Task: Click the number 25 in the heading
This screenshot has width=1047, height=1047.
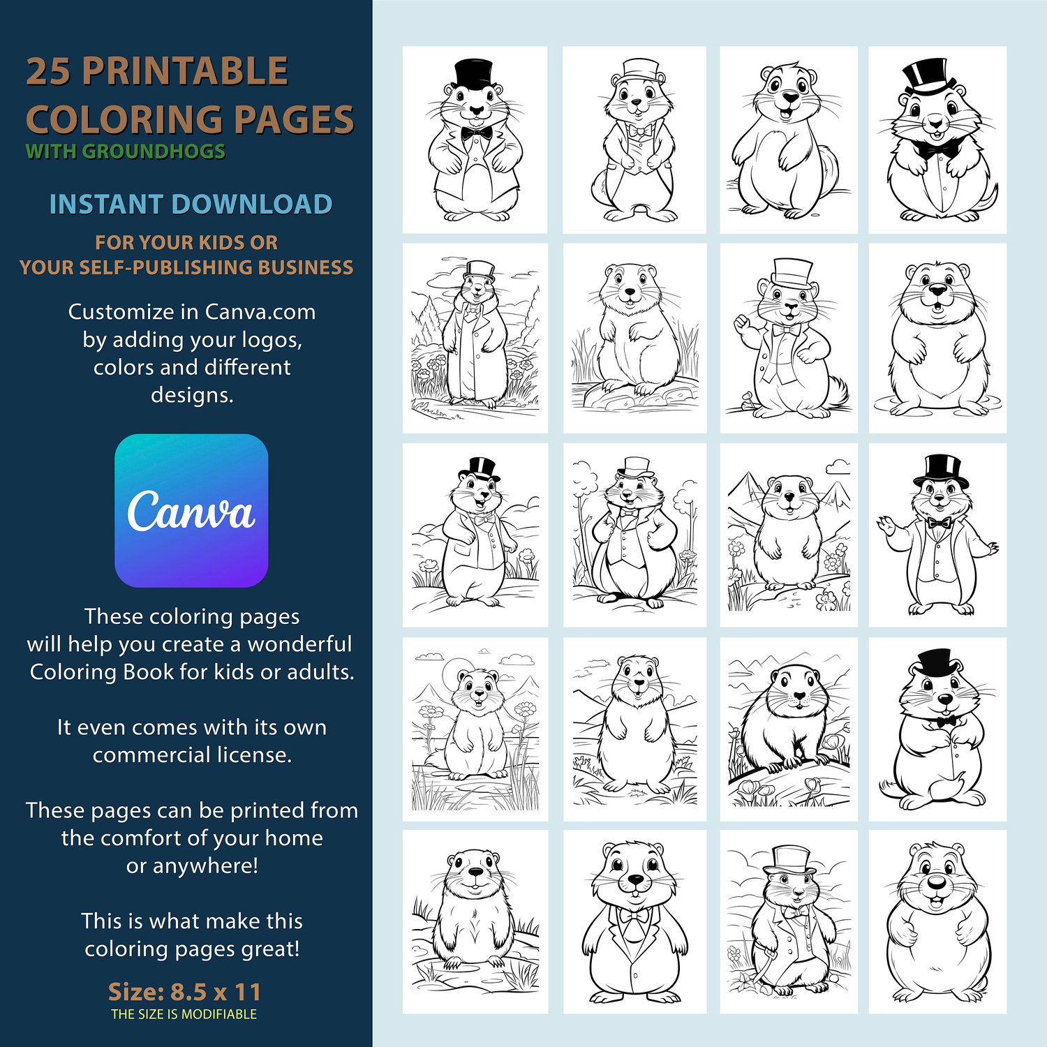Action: click(x=49, y=72)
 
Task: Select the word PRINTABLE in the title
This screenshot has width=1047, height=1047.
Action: click(x=185, y=72)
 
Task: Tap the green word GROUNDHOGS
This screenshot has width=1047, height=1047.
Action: click(x=154, y=151)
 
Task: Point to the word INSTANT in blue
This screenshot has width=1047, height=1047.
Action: click(x=107, y=205)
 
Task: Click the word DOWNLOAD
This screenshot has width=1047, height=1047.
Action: click(x=252, y=205)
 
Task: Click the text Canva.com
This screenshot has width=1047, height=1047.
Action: click(x=260, y=312)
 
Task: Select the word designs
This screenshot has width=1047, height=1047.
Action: click(x=192, y=396)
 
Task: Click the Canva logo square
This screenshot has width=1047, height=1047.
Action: click(x=191, y=510)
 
